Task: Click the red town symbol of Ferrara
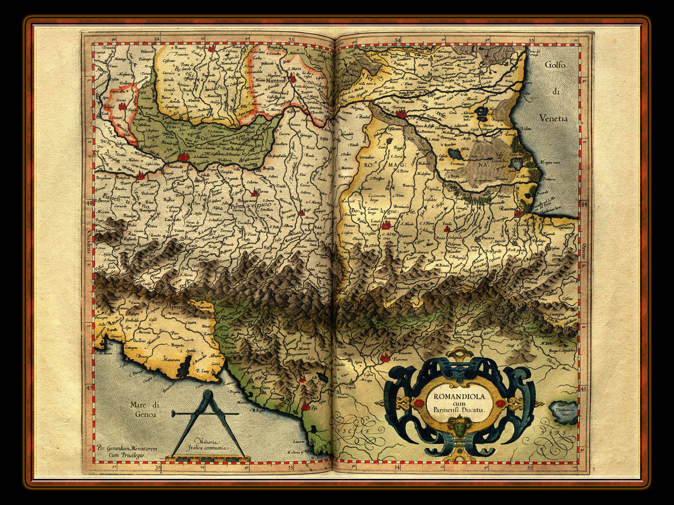(400, 113)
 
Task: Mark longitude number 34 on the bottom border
(398, 467)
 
